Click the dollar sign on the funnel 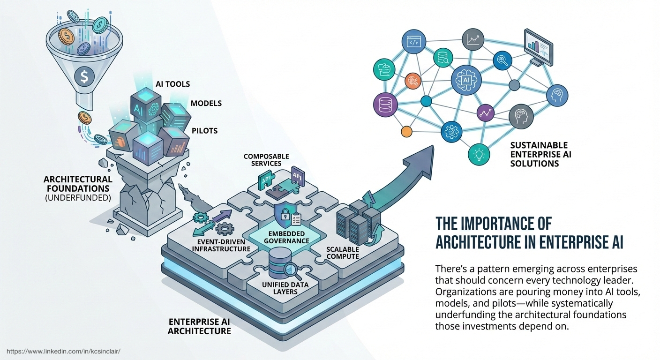coord(83,77)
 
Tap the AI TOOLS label coord(172,84)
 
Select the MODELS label coord(206,103)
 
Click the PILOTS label coord(204,130)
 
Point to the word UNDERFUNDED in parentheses coord(78,198)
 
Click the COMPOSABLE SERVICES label coord(266,160)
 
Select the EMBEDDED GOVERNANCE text coord(287,237)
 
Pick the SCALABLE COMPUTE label coord(342,253)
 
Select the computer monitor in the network coord(537,47)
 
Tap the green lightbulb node coord(479,153)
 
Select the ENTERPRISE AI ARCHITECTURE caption coord(200,326)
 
